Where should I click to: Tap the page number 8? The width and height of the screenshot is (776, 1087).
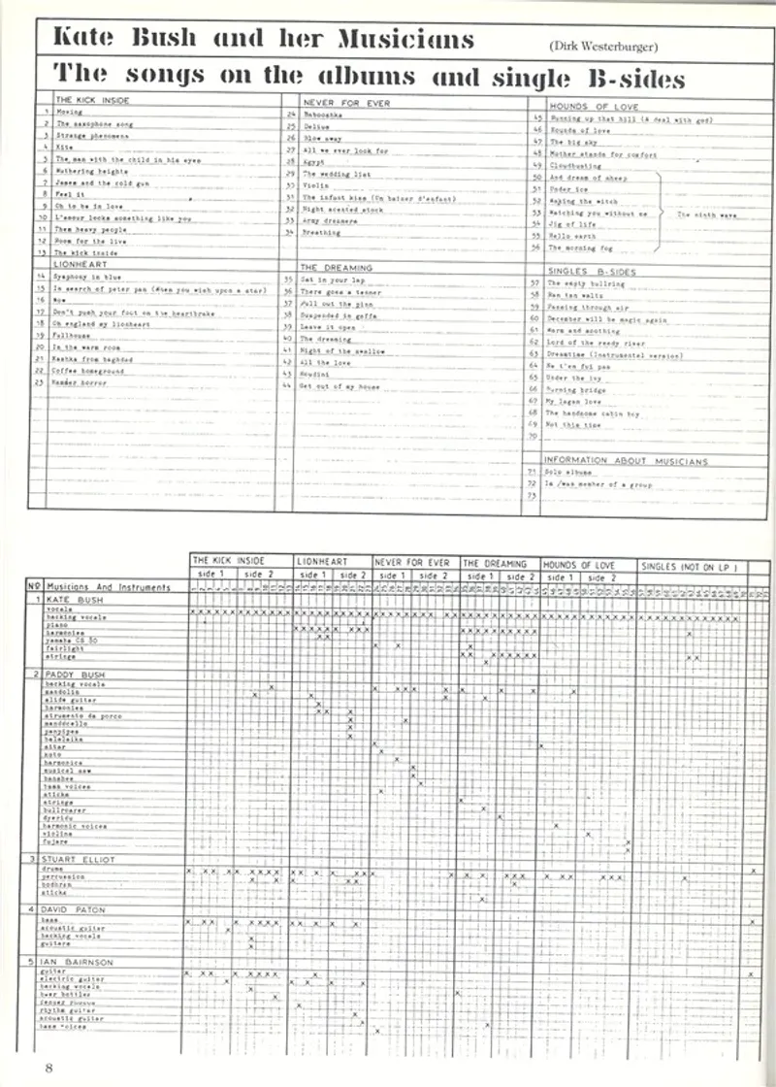pyautogui.click(x=46, y=1068)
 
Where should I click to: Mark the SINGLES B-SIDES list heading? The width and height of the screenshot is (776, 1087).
pyautogui.click(x=592, y=272)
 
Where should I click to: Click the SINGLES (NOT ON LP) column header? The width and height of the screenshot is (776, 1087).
pyautogui.click(x=690, y=565)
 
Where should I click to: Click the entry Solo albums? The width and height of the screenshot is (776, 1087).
pyautogui.click(x=570, y=471)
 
